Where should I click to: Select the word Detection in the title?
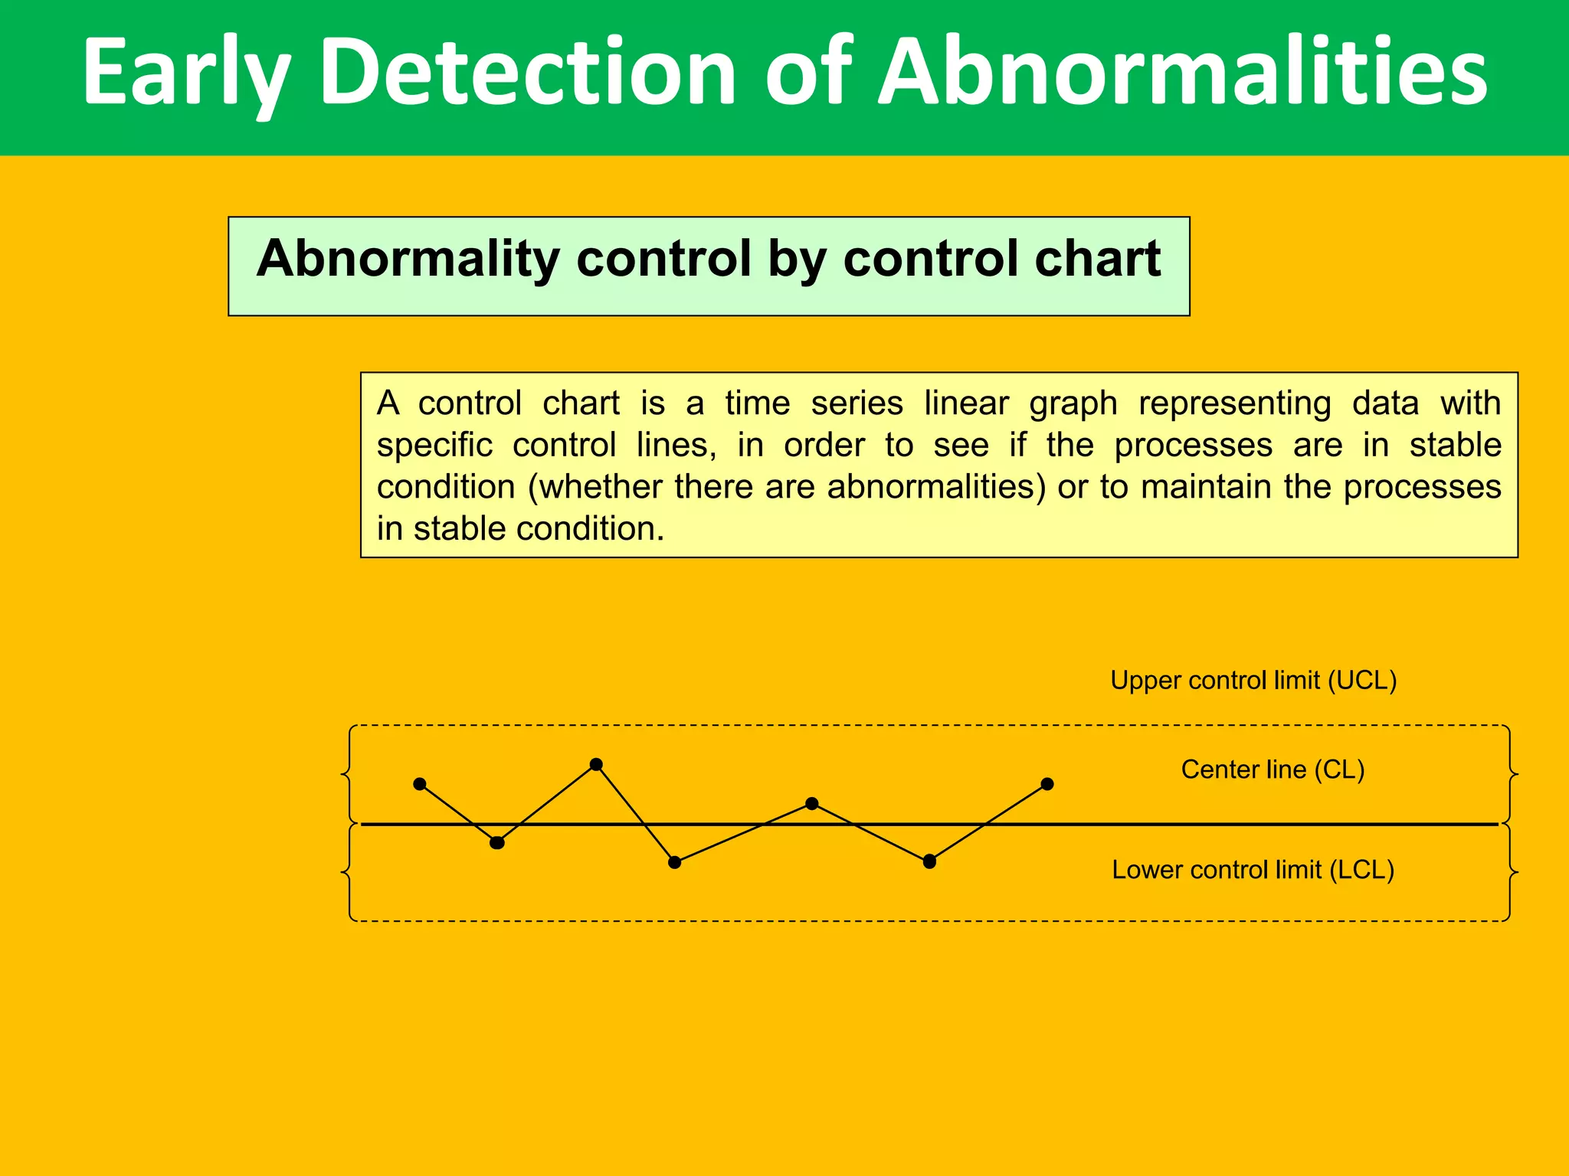click(x=528, y=73)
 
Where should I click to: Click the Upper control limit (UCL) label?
click(x=1253, y=680)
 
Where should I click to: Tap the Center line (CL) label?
click(x=1273, y=769)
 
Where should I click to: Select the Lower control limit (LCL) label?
click(x=1253, y=870)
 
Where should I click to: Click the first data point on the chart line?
click(x=420, y=784)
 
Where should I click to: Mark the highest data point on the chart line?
click(x=597, y=764)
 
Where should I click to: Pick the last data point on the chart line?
click(x=1047, y=784)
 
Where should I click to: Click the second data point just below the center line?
click(x=497, y=843)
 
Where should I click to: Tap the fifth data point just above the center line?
click(x=812, y=803)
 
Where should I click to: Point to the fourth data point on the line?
click(x=675, y=862)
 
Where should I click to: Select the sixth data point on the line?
click(x=929, y=861)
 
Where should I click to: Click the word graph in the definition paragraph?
click(x=1073, y=403)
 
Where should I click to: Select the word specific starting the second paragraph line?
click(x=434, y=446)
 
